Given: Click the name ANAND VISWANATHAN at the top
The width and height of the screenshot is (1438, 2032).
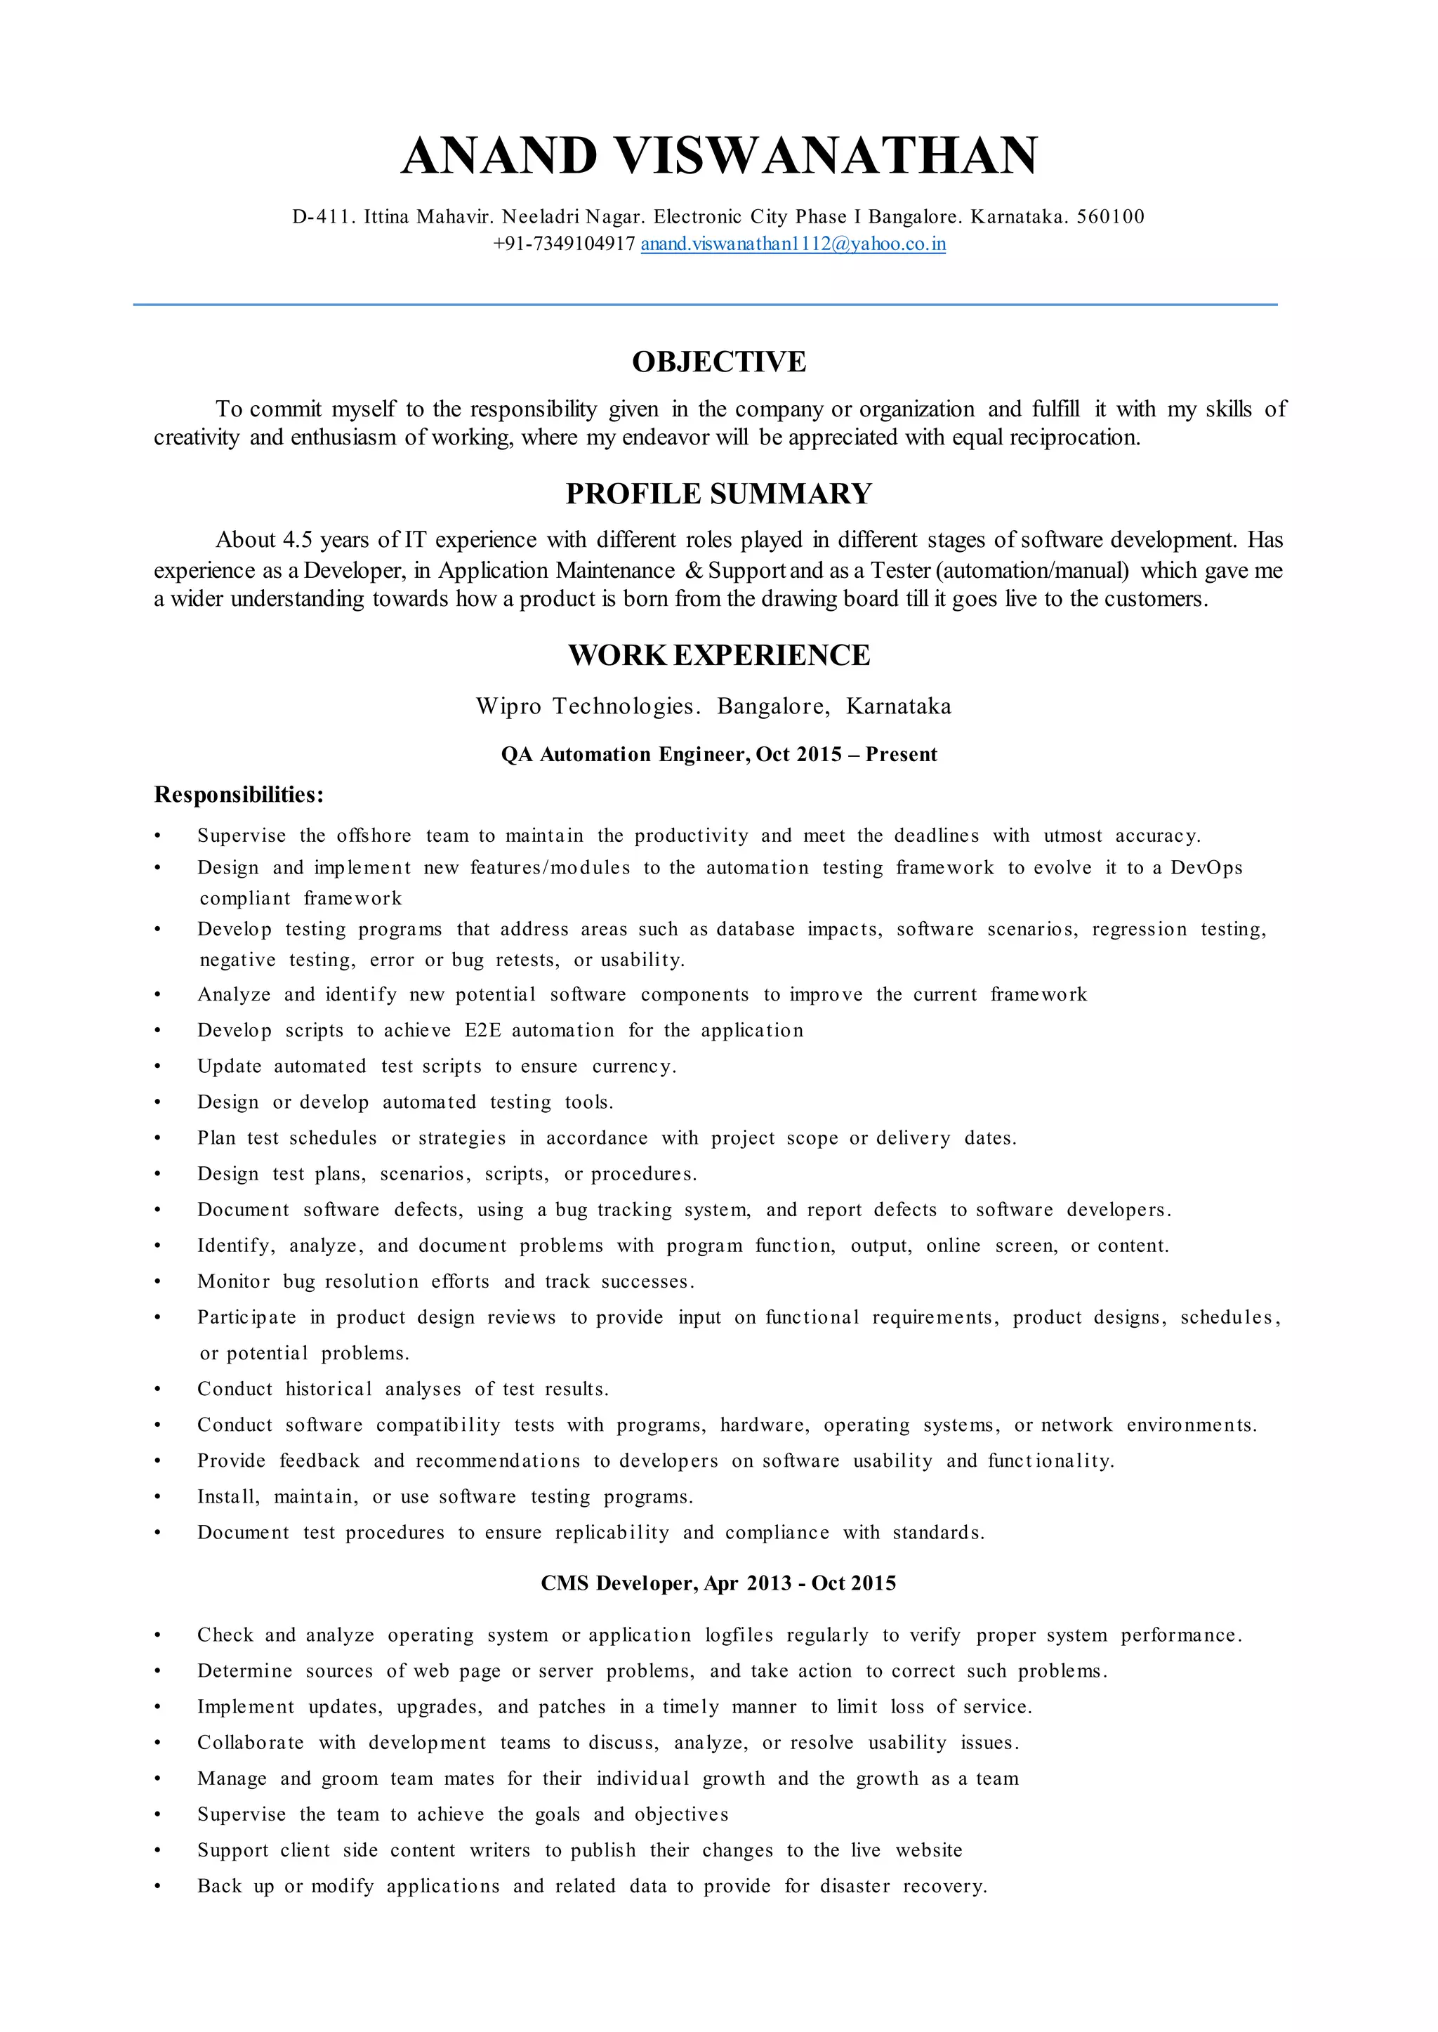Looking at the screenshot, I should point(719,156).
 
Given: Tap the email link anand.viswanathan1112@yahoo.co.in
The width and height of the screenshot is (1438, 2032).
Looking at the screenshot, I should point(793,244).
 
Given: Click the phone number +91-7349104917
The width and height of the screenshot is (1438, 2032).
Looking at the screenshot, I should point(564,244).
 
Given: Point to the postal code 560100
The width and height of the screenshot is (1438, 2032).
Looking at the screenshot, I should point(1110,217).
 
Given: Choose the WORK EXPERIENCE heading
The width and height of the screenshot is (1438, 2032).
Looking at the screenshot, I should point(719,654).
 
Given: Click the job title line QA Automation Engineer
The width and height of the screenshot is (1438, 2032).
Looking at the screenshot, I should point(719,754).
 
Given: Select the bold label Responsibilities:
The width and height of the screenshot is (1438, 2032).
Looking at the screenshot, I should point(239,794).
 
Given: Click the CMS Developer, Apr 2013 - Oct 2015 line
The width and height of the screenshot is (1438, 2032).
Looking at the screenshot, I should point(719,1583).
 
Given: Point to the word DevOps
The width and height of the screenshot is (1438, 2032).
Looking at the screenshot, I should point(1206,868).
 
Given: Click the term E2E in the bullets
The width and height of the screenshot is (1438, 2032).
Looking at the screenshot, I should point(482,1031).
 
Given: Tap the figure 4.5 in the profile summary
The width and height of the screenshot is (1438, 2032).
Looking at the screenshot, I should point(298,540).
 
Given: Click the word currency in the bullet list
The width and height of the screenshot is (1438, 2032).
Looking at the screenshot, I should point(631,1067).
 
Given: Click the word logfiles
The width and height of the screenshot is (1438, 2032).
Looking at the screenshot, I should point(739,1635).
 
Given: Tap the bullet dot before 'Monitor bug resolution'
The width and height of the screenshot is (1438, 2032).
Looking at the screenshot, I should point(157,1282).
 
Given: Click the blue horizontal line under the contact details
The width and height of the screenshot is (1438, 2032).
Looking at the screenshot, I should point(705,305).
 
